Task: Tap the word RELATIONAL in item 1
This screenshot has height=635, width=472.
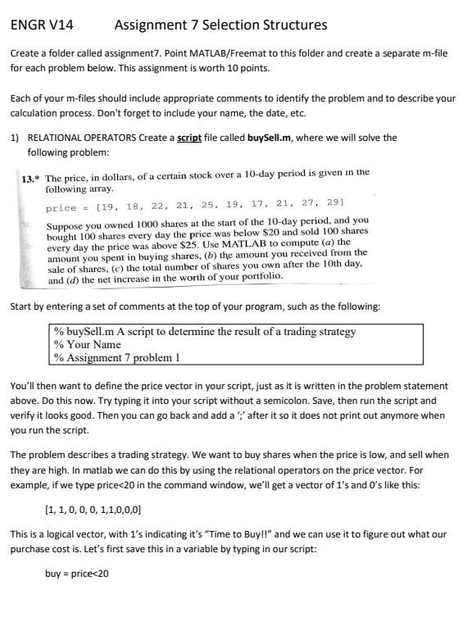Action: click(x=59, y=138)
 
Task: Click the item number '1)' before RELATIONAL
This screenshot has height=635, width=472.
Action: click(x=14, y=138)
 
